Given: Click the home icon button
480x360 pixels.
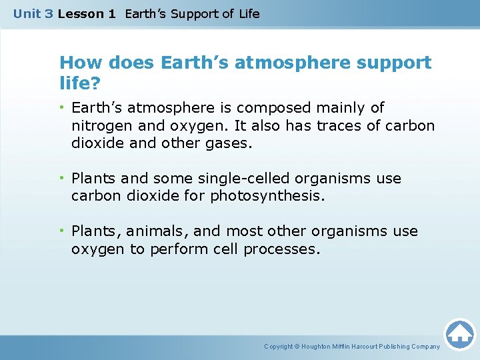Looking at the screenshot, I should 459,333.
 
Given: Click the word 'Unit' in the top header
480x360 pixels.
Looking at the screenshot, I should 27,13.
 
